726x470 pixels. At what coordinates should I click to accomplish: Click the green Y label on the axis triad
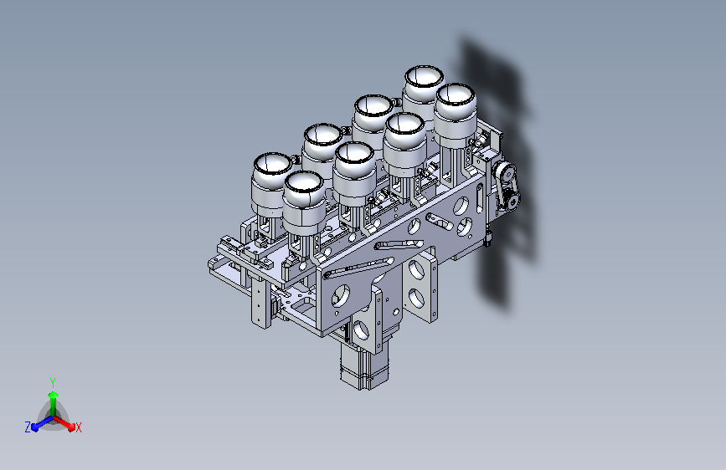pyautogui.click(x=53, y=383)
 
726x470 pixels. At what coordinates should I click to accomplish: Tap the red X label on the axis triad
pyautogui.click(x=78, y=428)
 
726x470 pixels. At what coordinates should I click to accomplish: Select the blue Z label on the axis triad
pyautogui.click(x=28, y=427)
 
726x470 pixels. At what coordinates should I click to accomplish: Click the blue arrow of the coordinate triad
pyautogui.click(x=42, y=424)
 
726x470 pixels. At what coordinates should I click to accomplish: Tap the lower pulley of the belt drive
pyautogui.click(x=512, y=202)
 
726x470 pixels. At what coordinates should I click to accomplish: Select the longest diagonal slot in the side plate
pyautogui.click(x=359, y=268)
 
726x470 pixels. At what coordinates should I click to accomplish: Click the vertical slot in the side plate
pyautogui.click(x=479, y=198)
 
